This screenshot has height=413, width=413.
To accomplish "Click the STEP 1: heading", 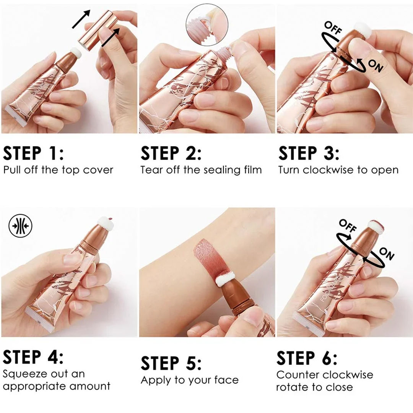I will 33,153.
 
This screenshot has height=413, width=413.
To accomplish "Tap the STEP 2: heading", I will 171,153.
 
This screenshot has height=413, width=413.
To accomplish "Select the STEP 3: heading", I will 309,153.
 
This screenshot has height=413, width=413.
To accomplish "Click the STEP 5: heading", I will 171,363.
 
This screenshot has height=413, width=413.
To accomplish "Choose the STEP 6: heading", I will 307,358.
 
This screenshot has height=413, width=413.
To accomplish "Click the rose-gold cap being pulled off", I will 96,26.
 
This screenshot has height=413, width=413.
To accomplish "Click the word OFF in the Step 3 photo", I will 332,29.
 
